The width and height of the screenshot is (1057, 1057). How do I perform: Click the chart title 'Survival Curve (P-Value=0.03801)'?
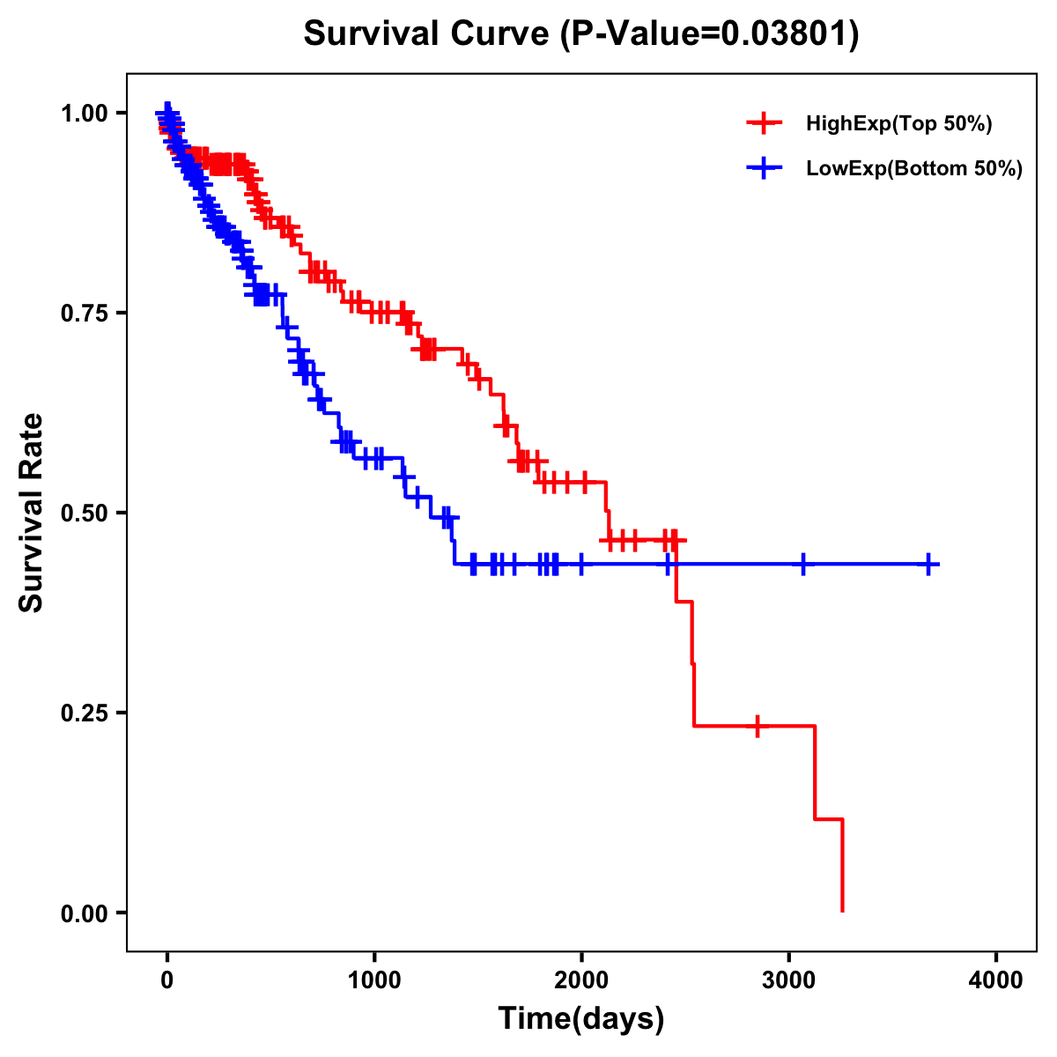tap(581, 34)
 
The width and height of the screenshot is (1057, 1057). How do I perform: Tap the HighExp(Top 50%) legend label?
tap(898, 123)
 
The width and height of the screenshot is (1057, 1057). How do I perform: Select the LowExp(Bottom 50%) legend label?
tap(914, 169)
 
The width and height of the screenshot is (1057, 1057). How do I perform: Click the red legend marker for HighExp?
tap(764, 123)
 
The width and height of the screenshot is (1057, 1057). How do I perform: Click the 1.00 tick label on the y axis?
tap(84, 114)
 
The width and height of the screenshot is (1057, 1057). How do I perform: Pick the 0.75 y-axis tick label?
tap(84, 314)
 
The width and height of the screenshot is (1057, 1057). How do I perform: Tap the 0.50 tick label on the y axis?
tap(84, 514)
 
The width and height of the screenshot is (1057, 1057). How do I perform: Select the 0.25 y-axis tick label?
tap(84, 713)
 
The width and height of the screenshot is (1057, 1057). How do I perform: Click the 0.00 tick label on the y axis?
tap(84, 913)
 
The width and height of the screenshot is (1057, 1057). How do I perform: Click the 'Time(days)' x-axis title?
tap(581, 1019)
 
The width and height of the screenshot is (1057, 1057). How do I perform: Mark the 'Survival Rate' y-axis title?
tap(32, 513)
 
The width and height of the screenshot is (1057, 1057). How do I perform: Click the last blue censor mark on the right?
tap(928, 564)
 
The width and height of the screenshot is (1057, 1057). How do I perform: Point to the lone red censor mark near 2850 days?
tap(758, 726)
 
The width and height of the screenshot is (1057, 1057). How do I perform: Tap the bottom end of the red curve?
tap(843, 910)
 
